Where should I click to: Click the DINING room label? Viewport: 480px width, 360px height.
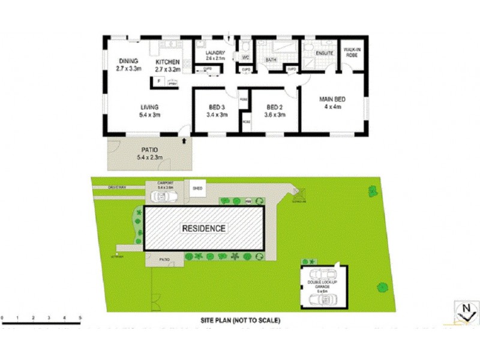(x=128, y=61)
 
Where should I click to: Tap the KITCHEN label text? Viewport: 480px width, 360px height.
(x=168, y=62)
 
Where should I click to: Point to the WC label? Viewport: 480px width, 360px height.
(x=245, y=58)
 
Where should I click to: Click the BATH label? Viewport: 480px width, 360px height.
(x=271, y=60)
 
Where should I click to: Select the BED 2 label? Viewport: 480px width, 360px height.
(x=275, y=107)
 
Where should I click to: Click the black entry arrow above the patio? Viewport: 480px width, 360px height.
(x=184, y=140)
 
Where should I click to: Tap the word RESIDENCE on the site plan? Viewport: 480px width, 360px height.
(x=205, y=229)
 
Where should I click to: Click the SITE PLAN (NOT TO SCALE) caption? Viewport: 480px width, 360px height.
(x=241, y=321)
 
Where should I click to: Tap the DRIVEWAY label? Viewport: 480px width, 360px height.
(x=117, y=187)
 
